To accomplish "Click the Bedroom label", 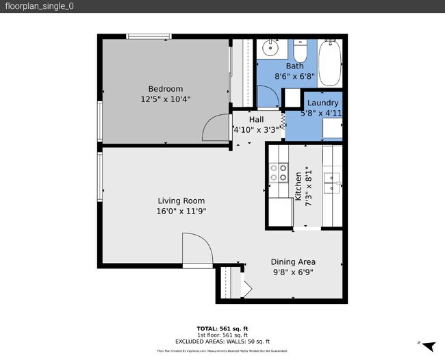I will click(166, 88).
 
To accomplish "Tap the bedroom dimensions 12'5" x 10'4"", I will click(166, 99).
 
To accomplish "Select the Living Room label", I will click(181, 201).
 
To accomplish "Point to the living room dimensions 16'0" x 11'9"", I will click(181, 211).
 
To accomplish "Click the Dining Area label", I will click(293, 261).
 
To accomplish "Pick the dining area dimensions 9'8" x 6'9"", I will click(293, 272).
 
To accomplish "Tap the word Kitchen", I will click(298, 185).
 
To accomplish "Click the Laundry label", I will click(322, 103).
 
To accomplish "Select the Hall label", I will click(256, 119).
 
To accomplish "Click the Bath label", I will click(294, 66).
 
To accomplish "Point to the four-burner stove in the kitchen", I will click(278, 172).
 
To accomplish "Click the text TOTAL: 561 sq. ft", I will click(222, 329).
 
